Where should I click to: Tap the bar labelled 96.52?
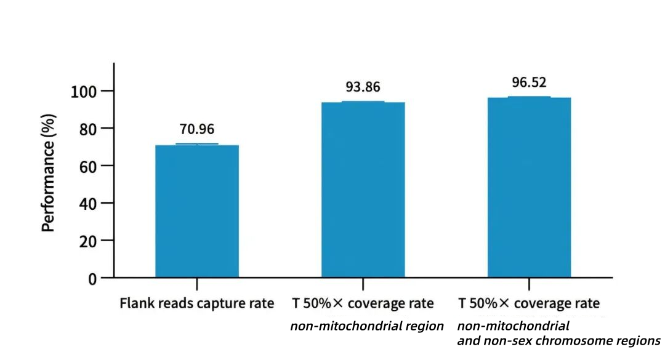click(529, 187)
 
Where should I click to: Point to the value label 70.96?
click(196, 130)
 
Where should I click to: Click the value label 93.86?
click(363, 87)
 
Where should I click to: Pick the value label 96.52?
click(529, 82)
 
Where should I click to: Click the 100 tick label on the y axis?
click(84, 91)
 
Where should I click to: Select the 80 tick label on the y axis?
click(87, 129)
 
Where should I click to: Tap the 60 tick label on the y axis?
click(87, 166)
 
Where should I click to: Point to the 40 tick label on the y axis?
click(87, 203)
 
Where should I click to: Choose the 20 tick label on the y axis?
click(87, 241)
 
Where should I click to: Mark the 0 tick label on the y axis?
click(92, 278)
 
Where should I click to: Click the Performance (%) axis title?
click(49, 173)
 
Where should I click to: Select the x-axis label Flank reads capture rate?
click(196, 303)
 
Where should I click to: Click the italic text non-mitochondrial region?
click(367, 326)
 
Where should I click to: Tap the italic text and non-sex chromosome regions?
click(558, 340)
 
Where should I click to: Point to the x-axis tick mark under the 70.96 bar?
click(196, 284)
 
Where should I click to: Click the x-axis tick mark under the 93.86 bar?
click(363, 284)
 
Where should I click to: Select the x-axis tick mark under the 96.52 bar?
click(529, 284)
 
